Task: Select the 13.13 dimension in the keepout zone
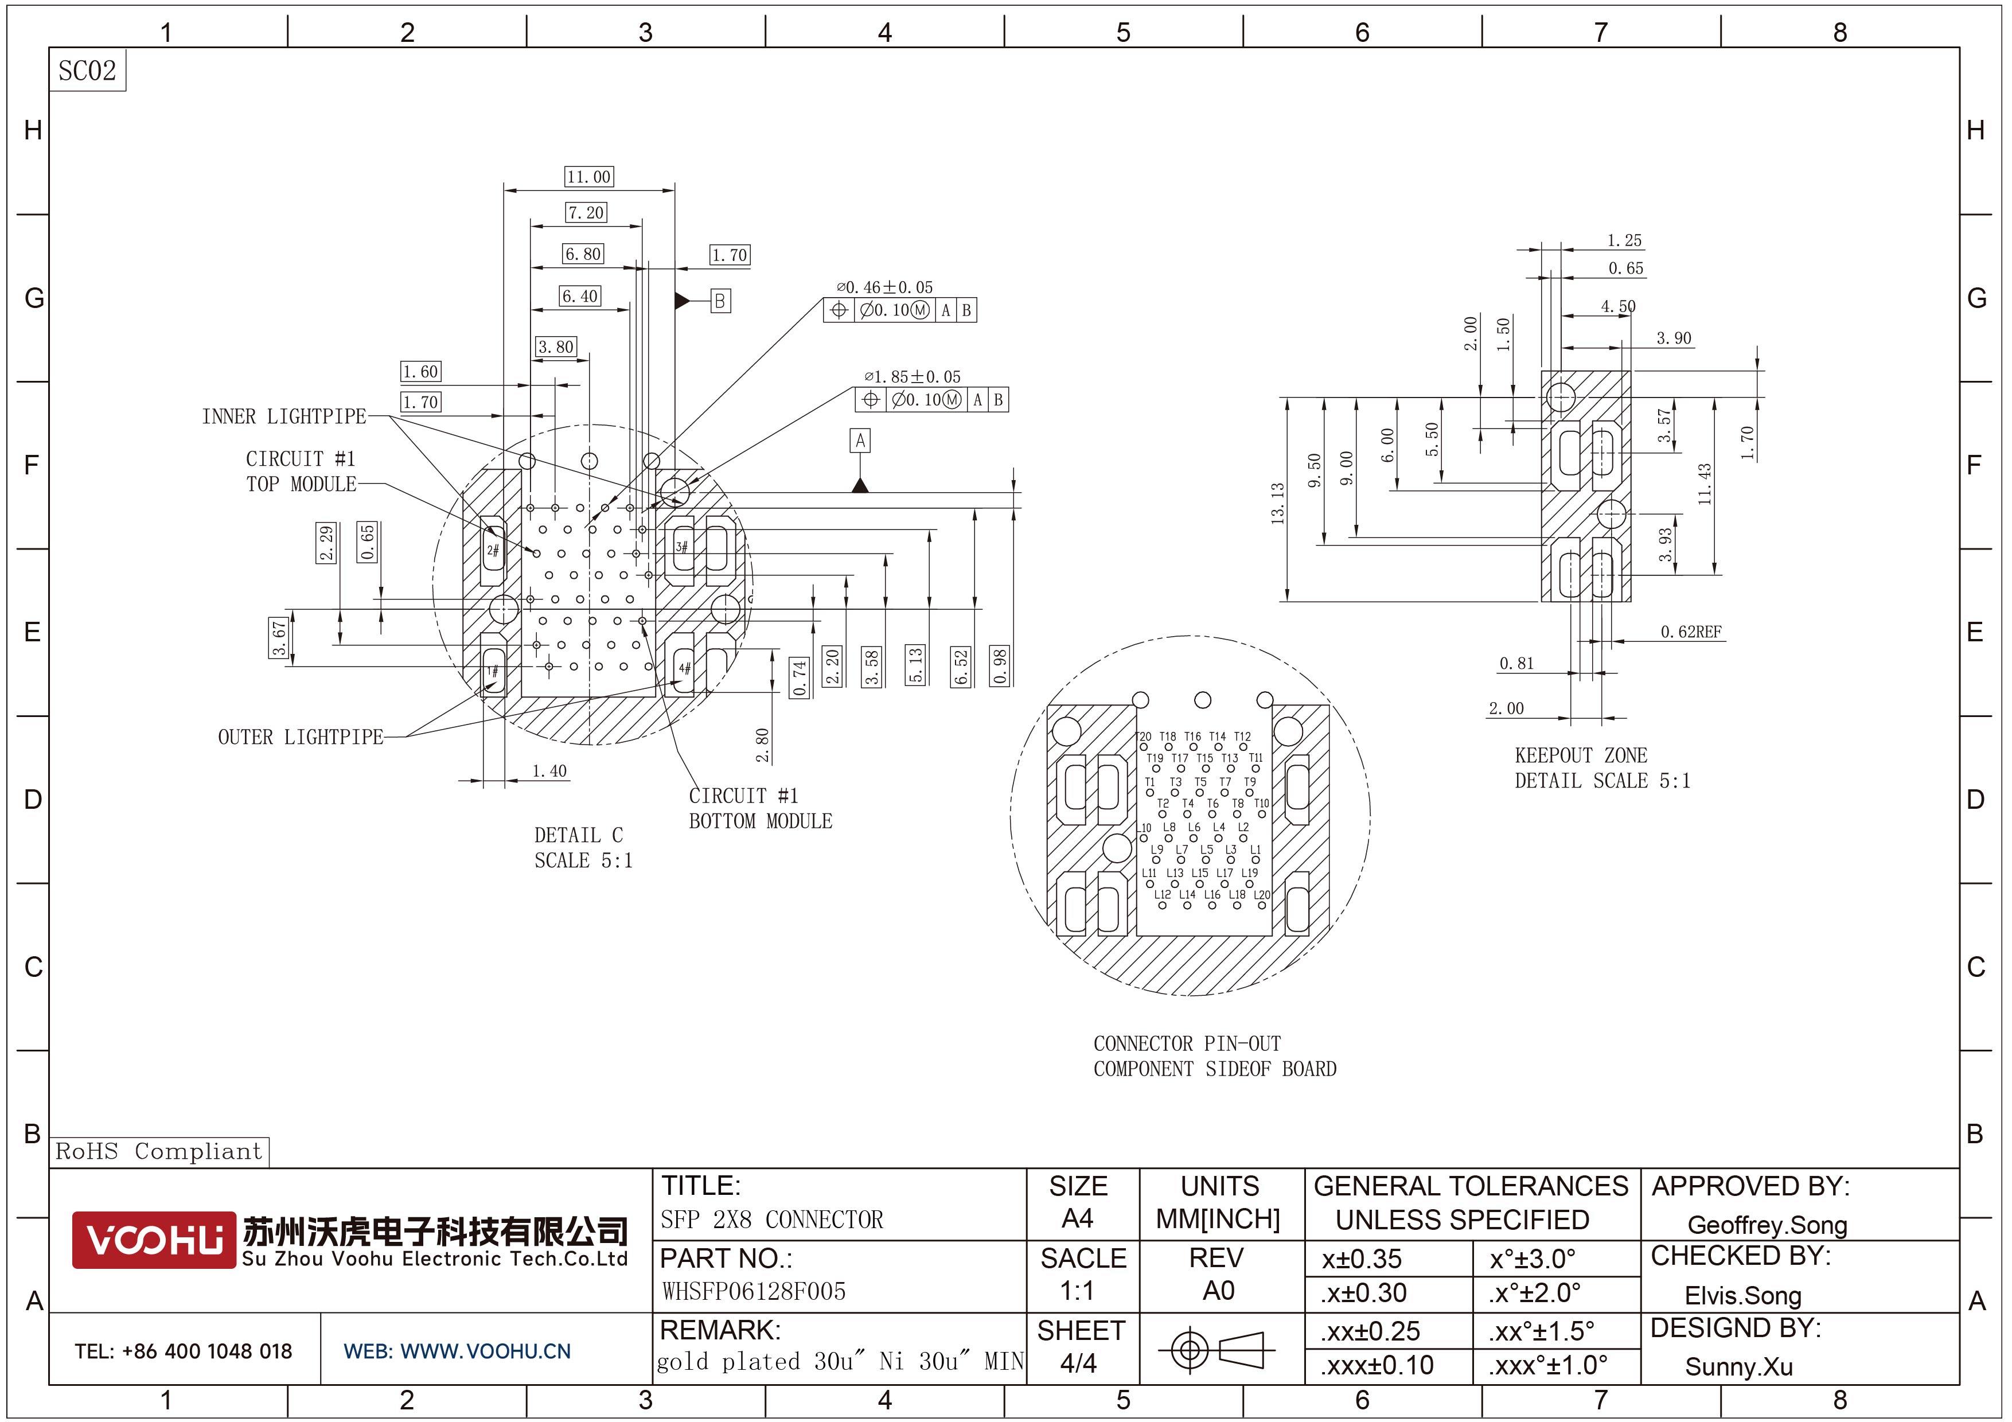click(x=1278, y=503)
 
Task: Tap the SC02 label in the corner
click(x=87, y=70)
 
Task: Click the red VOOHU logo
click(x=153, y=1240)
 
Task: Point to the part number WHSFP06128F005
click(x=754, y=1291)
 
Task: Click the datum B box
click(x=719, y=301)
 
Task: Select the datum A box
click(x=860, y=440)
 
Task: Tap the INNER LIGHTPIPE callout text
click(x=284, y=416)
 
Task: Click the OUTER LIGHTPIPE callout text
click(x=301, y=737)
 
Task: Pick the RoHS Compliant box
click(x=159, y=1151)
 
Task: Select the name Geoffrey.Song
click(x=1767, y=1225)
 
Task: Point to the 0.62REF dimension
click(x=1690, y=632)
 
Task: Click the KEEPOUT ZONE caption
click(x=1581, y=755)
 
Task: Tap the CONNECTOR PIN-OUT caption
click(x=1187, y=1043)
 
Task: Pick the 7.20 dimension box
click(x=586, y=213)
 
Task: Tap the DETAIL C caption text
click(x=578, y=835)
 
